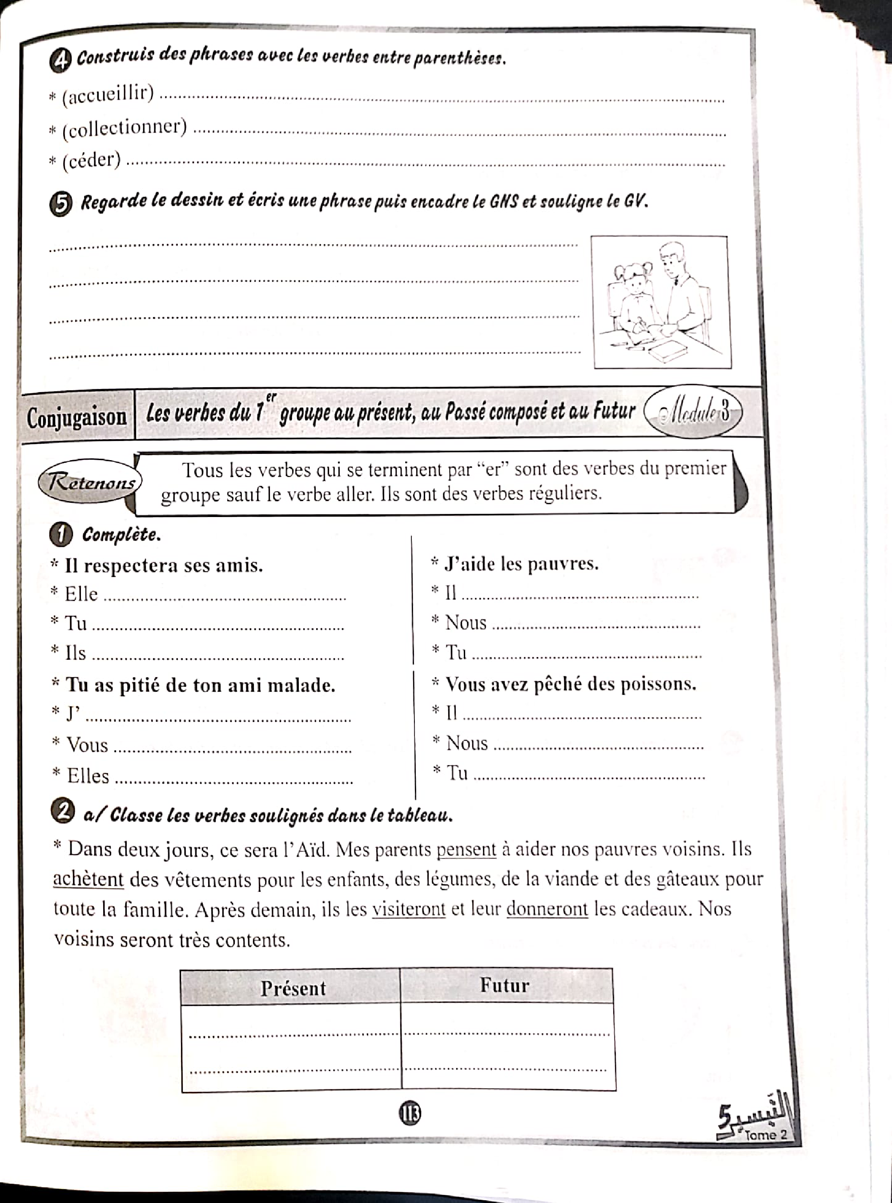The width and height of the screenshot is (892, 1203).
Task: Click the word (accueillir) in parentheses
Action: (108, 96)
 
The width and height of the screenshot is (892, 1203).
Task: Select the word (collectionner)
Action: (125, 129)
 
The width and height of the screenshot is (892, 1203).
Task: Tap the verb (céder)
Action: (91, 161)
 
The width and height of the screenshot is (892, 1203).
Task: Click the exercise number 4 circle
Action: (60, 60)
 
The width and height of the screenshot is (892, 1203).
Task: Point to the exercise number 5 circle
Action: (60, 205)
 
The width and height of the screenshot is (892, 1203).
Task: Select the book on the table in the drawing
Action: (667, 351)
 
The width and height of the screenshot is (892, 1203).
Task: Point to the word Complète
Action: (121, 535)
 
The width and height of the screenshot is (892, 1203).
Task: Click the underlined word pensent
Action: (466, 850)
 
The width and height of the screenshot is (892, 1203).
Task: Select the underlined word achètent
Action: (88, 879)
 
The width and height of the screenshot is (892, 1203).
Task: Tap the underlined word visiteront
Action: (409, 910)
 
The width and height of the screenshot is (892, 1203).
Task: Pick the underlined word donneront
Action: (546, 910)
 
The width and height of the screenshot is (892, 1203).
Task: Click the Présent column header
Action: (293, 988)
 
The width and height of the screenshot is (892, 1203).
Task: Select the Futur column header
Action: (504, 986)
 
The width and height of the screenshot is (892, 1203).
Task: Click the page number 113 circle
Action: (410, 1113)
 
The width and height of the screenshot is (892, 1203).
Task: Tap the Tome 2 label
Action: (765, 1135)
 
